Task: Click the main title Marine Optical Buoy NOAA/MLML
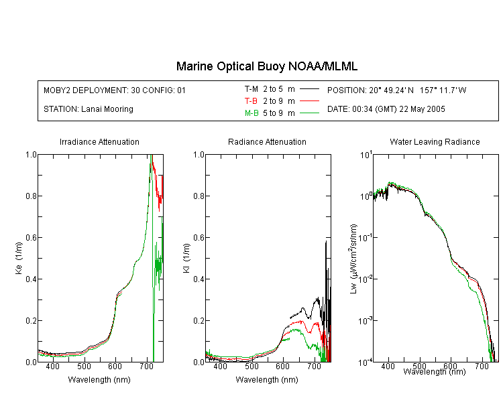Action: pos(267,66)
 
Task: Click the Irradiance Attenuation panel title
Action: pos(99,141)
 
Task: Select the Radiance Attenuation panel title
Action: pos(267,141)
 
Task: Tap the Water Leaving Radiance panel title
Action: pos(435,141)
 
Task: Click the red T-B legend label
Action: pos(251,101)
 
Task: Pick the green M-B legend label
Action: pos(251,113)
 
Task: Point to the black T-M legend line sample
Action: pos(310,89)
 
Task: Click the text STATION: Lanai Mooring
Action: pos(89,109)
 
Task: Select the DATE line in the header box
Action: pos(386,109)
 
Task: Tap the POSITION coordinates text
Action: pos(397,90)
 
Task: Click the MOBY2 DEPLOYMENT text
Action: pos(115,90)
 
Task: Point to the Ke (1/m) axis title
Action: pos(19,259)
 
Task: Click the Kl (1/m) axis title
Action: pos(186,259)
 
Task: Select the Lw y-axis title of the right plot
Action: pos(353,259)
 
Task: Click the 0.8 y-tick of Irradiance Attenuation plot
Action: pos(31,196)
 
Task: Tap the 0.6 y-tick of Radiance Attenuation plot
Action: pos(199,238)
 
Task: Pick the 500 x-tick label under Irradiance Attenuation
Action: pos(84,366)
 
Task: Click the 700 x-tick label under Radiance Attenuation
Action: pos(315,366)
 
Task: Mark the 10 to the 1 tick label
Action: pos(366,155)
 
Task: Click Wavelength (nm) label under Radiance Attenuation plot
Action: pos(267,380)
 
